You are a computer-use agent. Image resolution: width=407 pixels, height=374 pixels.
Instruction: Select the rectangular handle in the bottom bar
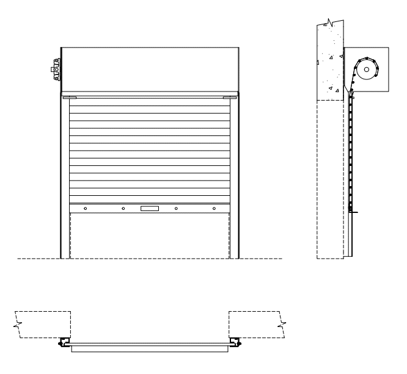click(x=150, y=209)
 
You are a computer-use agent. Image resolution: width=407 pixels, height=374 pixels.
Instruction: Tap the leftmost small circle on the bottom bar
click(x=85, y=209)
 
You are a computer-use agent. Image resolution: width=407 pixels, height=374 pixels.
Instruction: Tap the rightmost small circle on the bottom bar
click(x=214, y=209)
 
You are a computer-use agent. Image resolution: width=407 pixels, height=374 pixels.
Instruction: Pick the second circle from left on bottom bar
click(x=123, y=209)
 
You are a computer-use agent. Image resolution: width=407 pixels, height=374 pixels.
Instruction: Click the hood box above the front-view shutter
click(x=150, y=70)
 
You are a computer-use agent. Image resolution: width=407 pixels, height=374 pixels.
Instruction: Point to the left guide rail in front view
click(x=65, y=177)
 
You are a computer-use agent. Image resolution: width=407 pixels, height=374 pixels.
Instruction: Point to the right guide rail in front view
click(x=234, y=177)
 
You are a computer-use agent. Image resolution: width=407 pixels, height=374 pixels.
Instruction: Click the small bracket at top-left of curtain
click(x=68, y=96)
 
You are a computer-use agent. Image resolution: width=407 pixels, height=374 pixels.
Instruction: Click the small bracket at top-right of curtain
click(x=230, y=96)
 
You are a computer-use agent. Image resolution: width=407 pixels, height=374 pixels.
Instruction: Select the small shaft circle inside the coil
click(x=366, y=70)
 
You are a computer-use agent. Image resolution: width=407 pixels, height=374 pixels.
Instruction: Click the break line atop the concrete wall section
click(x=329, y=23)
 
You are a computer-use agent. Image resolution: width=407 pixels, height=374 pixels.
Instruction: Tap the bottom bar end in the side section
click(x=352, y=211)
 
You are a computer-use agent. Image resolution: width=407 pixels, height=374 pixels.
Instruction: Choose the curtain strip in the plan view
click(x=150, y=350)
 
